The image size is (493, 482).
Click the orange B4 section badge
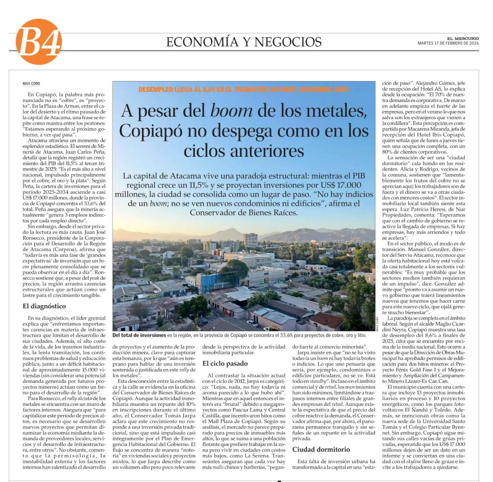pos(39,41)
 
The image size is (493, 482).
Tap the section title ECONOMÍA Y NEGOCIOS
pos(244,42)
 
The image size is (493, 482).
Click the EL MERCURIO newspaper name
pos(463,38)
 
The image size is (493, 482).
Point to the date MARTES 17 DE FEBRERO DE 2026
pos(448,43)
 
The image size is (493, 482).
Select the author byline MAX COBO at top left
pos(31,83)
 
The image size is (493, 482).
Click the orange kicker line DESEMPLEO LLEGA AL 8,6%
pos(244,89)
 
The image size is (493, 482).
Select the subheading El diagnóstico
pos(44,306)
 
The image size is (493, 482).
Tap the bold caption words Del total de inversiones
pos(139,335)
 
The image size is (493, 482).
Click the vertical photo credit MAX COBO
pos(377,324)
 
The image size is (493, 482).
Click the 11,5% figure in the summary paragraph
pos(198,185)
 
